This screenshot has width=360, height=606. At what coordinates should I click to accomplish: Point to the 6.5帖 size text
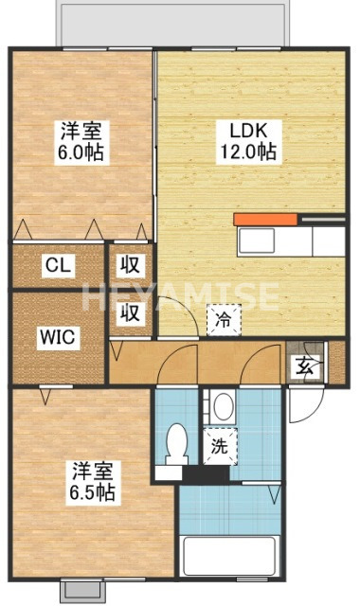tap(91, 492)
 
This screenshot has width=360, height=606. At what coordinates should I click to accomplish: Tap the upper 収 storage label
tap(130, 265)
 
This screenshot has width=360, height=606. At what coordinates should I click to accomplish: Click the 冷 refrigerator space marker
tap(224, 321)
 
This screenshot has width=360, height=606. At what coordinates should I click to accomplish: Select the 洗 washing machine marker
tap(219, 444)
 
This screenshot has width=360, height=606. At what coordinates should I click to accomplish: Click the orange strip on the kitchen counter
tap(267, 220)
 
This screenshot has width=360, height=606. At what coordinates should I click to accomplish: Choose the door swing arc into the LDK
tap(173, 314)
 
